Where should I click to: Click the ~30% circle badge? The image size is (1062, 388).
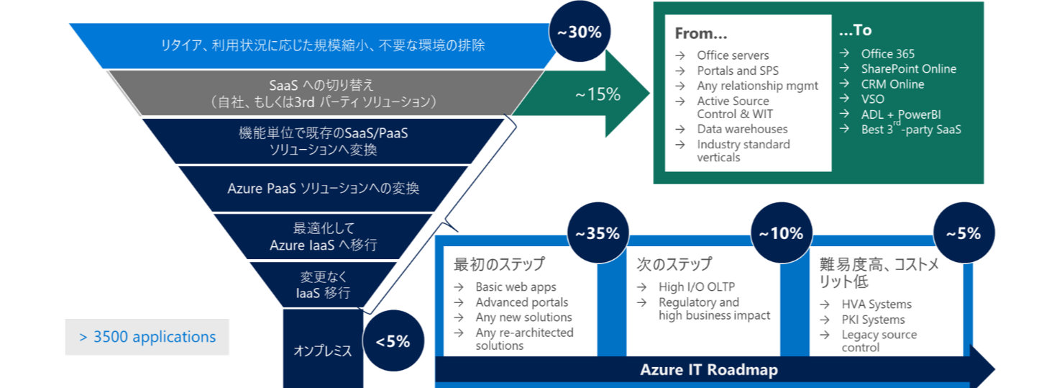click(580, 32)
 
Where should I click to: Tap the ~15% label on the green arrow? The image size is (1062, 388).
click(598, 94)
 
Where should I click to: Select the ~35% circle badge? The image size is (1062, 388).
click(598, 233)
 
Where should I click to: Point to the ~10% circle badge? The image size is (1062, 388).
click(781, 233)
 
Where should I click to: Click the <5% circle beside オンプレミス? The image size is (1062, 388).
click(393, 341)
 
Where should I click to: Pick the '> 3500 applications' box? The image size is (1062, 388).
click(147, 337)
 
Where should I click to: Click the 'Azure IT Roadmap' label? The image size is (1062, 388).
click(708, 370)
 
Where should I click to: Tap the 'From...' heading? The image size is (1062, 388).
click(702, 34)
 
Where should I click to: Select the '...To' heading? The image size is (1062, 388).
click(856, 31)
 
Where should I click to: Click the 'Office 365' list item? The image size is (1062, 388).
click(888, 54)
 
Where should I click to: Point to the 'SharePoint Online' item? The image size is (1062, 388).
click(909, 69)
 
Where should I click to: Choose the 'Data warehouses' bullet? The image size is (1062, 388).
click(742, 129)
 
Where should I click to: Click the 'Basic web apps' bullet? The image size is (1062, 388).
click(516, 287)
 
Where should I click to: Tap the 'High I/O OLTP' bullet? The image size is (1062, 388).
click(697, 287)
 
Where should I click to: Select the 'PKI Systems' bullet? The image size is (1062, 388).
click(873, 320)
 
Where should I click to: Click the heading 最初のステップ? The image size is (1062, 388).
click(499, 263)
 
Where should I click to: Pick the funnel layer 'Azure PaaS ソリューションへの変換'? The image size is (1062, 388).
click(323, 189)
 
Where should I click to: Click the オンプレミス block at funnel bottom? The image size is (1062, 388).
click(323, 351)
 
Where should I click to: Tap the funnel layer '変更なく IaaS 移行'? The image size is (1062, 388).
click(323, 285)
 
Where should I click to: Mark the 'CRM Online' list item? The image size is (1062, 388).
click(892, 84)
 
